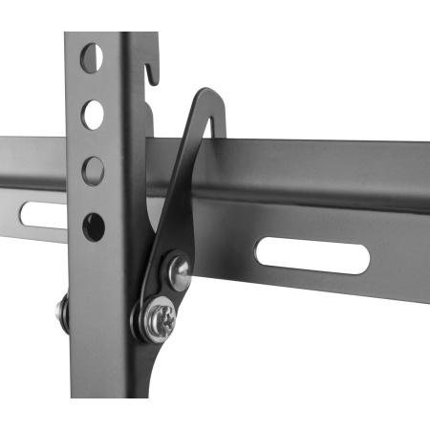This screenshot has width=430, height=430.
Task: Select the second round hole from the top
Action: point(93,114)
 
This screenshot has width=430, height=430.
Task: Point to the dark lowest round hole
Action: point(94,226)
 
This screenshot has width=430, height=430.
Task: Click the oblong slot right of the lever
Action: point(312,255)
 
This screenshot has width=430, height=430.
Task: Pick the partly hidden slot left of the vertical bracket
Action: point(44,216)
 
